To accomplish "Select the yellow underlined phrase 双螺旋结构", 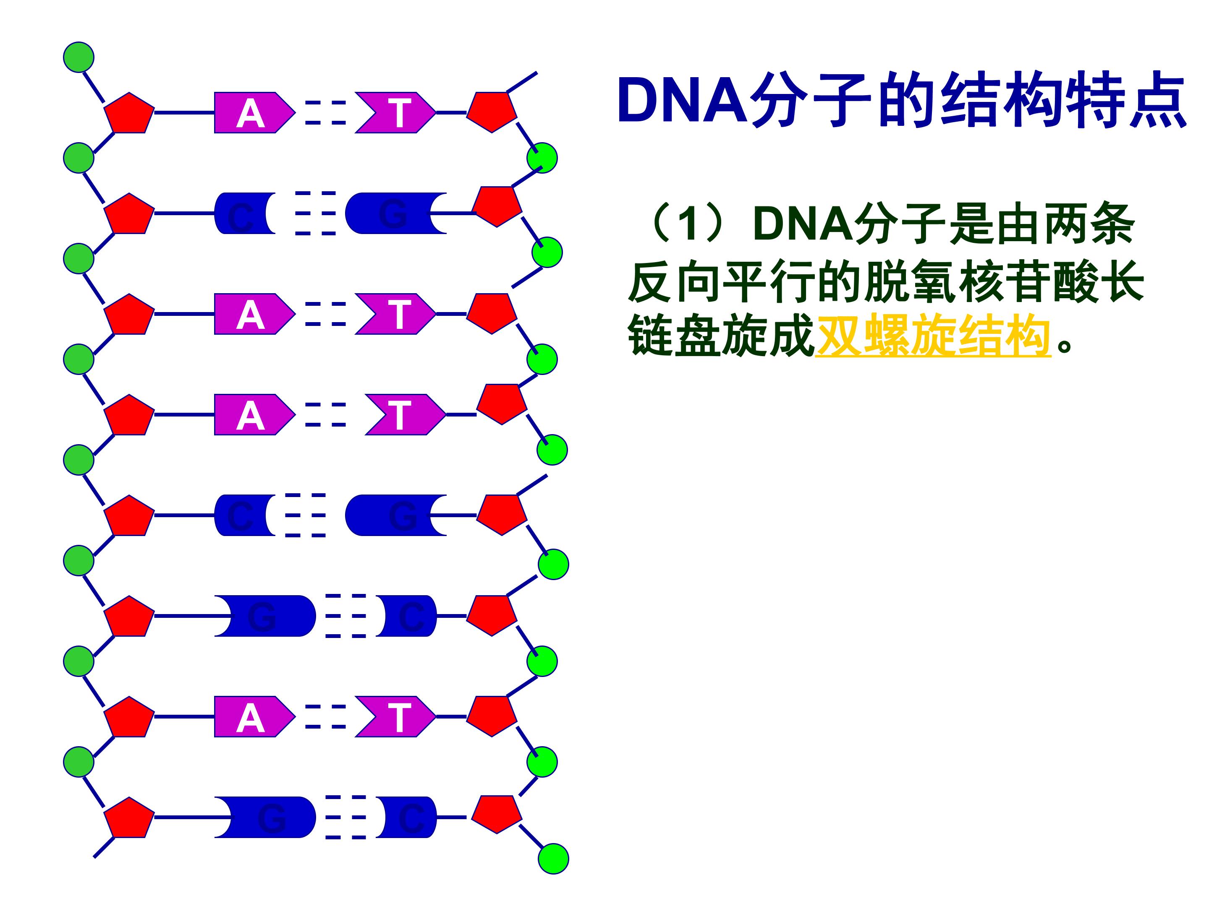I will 932,335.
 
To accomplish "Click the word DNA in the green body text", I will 802,224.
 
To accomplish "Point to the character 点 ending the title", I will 1158,102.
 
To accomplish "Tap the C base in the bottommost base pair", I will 409,817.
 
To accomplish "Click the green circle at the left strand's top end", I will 79,57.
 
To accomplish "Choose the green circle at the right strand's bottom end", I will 553,859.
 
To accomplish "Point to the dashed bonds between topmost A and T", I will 325,112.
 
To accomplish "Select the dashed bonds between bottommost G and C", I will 345,817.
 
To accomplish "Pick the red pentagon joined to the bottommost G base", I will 129,817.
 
